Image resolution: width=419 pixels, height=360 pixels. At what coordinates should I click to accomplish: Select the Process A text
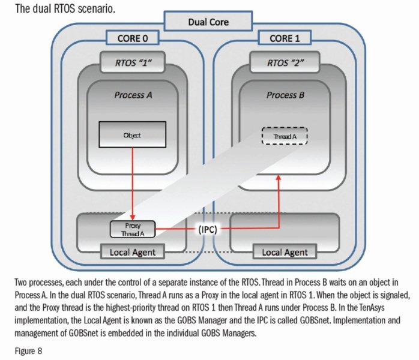click(130, 95)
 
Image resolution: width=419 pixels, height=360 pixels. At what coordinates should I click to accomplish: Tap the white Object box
click(131, 135)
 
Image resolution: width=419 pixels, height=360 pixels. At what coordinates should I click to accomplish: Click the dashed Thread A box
click(284, 136)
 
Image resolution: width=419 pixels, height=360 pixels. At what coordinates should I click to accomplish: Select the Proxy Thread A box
click(132, 229)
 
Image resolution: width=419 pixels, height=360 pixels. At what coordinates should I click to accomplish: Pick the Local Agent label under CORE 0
click(133, 252)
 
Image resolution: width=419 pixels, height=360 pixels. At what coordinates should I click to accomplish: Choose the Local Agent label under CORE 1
click(284, 252)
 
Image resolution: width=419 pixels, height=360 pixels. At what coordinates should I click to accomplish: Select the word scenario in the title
click(78, 10)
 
